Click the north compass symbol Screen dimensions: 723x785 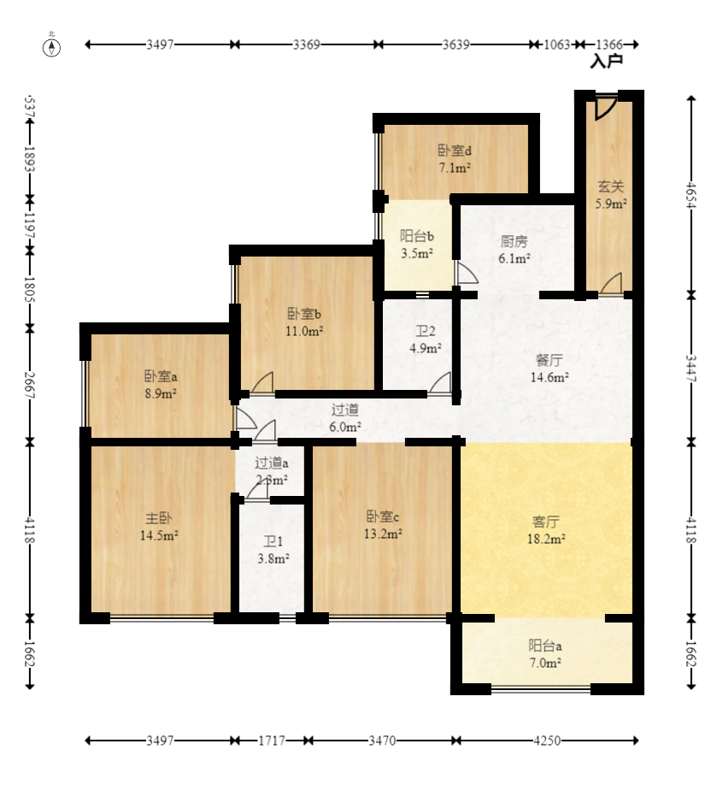[51, 48]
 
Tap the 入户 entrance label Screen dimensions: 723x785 [607, 62]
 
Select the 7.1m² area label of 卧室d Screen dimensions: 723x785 [455, 168]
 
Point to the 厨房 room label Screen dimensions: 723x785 [514, 242]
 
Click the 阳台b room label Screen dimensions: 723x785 [417, 236]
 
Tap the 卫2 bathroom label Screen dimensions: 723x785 [426, 331]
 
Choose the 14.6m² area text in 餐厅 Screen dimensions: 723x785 [550, 377]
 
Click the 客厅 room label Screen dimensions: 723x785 [546, 522]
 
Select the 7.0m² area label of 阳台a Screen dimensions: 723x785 [545, 663]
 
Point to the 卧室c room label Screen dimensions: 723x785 [383, 516]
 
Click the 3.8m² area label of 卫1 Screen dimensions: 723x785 [273, 558]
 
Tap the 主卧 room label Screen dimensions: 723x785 [159, 518]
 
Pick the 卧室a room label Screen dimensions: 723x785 [161, 376]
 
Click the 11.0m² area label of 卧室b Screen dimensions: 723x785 [304, 331]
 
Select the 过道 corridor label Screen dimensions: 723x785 [344, 410]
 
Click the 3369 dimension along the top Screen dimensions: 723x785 [306, 44]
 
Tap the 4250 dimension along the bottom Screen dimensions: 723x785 [547, 741]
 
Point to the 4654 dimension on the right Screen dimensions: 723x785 [691, 195]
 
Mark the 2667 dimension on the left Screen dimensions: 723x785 [30, 385]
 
